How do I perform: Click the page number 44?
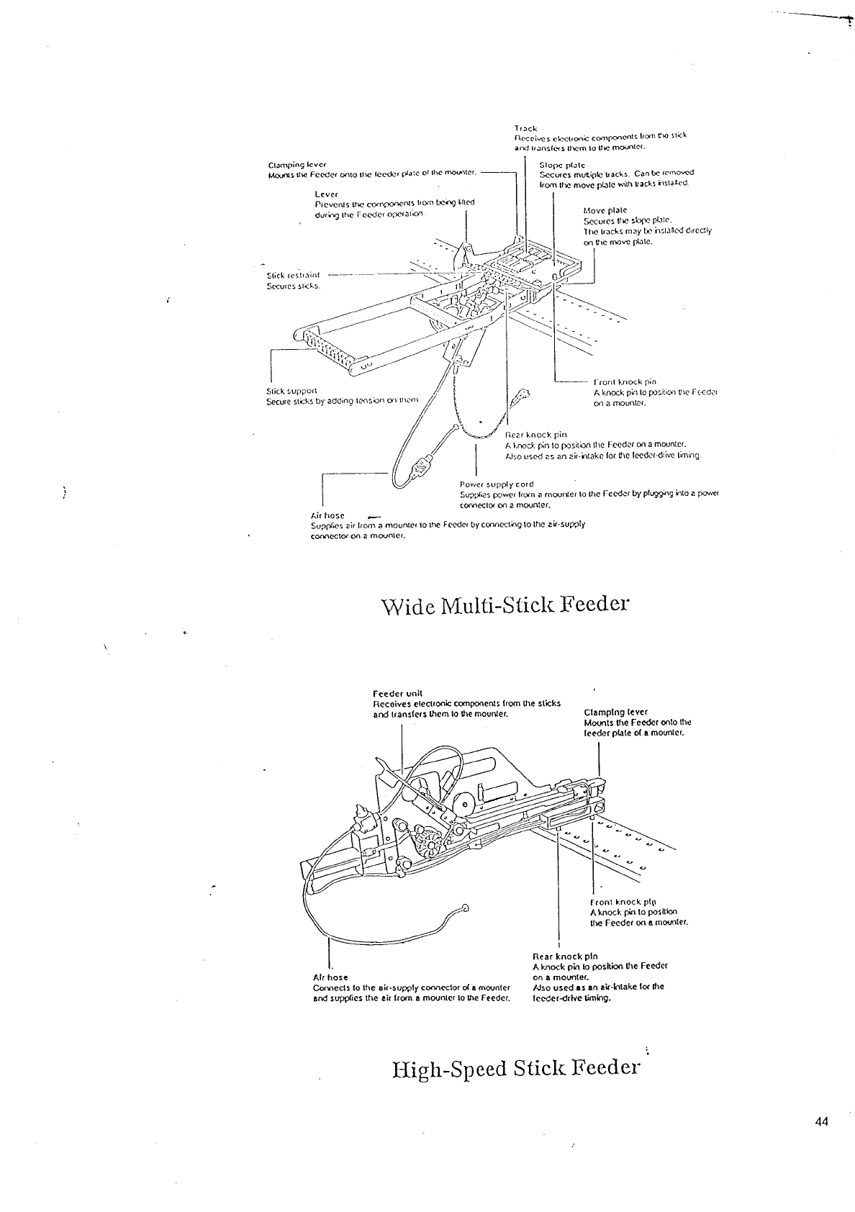[x=823, y=1121]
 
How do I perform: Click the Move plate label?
[x=600, y=210]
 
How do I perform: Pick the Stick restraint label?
[x=293, y=275]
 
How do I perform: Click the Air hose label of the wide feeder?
[x=327, y=515]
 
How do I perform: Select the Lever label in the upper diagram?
[x=327, y=194]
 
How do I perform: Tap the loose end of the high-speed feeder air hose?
[x=466, y=908]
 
